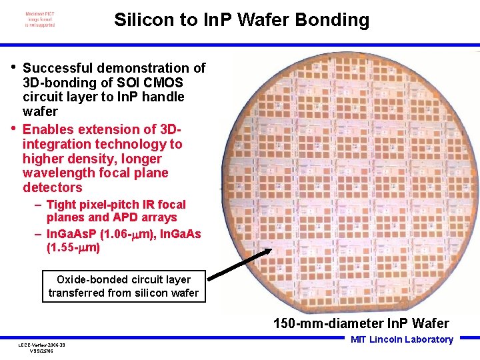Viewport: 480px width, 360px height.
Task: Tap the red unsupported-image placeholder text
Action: tap(40, 19)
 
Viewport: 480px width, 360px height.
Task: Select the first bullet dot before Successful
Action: tap(15, 67)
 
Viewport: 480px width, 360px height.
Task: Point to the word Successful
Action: tap(59, 68)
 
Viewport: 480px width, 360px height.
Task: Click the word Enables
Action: tap(49, 129)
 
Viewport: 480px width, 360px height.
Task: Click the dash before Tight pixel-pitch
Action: tap(39, 205)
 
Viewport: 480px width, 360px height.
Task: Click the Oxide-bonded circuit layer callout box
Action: tap(124, 286)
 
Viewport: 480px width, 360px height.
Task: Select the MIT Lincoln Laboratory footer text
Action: tap(401, 339)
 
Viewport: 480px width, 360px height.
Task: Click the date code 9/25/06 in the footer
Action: tap(46, 350)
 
